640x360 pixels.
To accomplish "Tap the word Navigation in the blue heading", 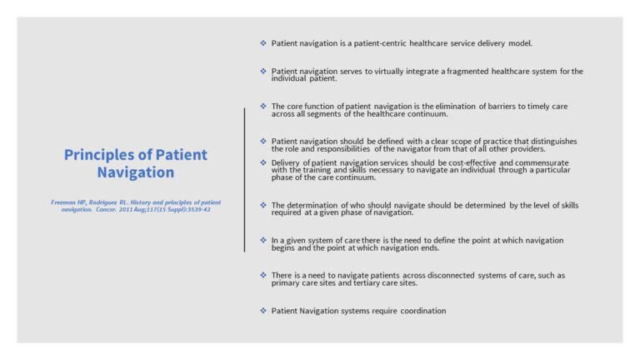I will tap(135, 172).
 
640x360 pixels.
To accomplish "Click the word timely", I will tap(532, 107).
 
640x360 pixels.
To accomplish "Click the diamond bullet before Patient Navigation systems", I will tap(263, 310).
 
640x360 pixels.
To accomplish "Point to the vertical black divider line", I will tap(245, 179).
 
